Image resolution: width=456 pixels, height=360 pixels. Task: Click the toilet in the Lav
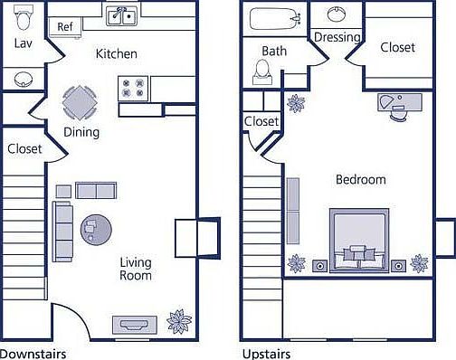coord(24,16)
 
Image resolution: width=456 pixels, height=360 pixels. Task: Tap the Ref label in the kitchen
coord(64,27)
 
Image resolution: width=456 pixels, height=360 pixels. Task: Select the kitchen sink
coord(121,15)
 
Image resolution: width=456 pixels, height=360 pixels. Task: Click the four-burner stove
coord(133,89)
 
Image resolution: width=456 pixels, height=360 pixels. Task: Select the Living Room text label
coord(136,269)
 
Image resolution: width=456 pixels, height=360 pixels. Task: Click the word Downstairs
coord(33,353)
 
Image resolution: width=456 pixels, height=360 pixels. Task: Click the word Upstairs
coord(267,353)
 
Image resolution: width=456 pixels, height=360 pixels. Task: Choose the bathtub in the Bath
coord(275,17)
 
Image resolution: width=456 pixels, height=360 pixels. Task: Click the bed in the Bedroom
coord(358,240)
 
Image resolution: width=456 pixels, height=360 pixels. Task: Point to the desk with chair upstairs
coord(395,105)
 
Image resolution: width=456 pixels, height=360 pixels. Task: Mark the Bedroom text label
coord(360,179)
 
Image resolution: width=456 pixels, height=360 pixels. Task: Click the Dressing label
coord(337,38)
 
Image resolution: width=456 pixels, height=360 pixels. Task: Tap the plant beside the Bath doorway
coord(296,102)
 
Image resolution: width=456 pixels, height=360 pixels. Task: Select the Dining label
coord(81,132)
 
